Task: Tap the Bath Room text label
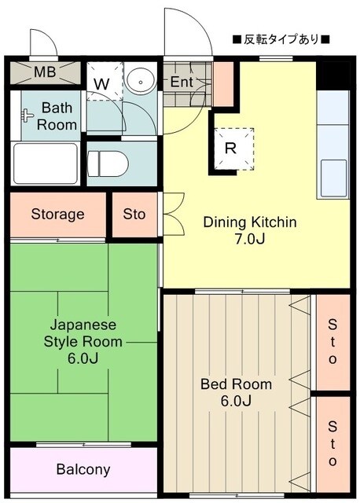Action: coord(59,116)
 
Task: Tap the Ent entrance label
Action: coord(182,81)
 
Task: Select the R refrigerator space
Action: coord(230,147)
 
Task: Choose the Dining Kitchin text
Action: coord(250,222)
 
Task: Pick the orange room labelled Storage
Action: coord(57,214)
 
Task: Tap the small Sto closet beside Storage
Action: coord(134,214)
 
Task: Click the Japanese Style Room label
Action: coord(83,332)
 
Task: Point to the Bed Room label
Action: coord(236,384)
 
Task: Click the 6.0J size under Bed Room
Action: coord(236,402)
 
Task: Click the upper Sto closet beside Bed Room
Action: coord(332,341)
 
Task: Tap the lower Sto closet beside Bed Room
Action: coord(332,442)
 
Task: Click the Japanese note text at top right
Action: coord(280,39)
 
